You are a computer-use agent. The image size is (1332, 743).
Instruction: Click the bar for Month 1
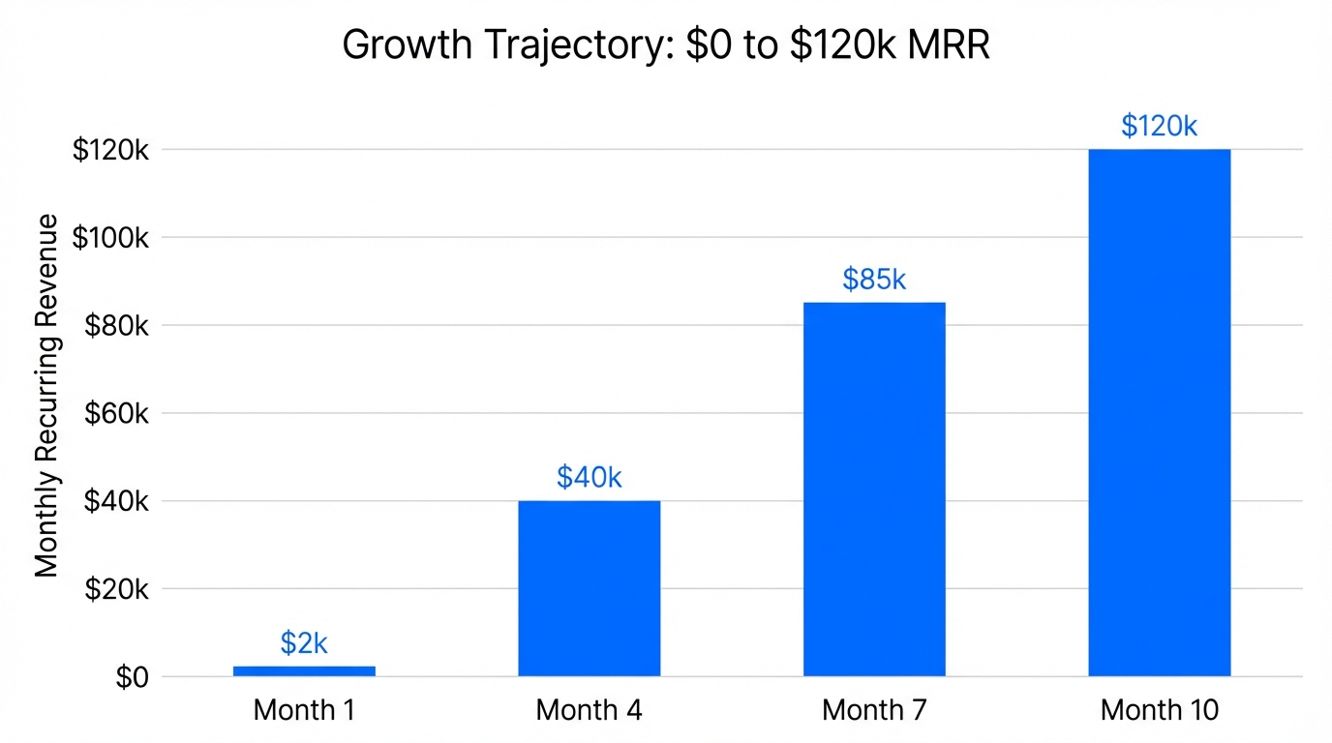point(304,670)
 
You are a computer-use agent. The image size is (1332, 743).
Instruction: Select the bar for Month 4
point(589,588)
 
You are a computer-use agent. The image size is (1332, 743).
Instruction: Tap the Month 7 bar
point(874,489)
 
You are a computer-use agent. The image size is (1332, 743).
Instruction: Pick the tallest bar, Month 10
point(1159,412)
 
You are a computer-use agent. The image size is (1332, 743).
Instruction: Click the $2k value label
point(304,643)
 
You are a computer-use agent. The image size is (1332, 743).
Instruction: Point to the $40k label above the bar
point(589,477)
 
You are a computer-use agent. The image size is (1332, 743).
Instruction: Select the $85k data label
point(874,280)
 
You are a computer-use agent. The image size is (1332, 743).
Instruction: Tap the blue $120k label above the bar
point(1159,126)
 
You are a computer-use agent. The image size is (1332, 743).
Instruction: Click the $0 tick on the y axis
point(132,678)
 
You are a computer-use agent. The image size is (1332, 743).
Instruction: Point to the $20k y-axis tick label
point(116,589)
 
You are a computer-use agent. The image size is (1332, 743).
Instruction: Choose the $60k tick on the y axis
point(116,414)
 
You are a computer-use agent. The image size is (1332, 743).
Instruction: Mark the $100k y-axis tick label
point(110,238)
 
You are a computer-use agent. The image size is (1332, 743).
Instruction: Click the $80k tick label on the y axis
point(116,326)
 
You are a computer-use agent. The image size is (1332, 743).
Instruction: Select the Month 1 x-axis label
point(304,710)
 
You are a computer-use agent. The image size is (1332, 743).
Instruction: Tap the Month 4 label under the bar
point(589,710)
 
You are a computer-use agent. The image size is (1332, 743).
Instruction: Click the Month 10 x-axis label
point(1159,710)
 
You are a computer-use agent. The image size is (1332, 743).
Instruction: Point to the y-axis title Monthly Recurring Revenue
point(46,397)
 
